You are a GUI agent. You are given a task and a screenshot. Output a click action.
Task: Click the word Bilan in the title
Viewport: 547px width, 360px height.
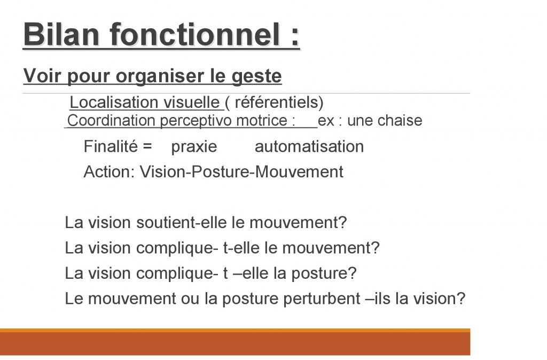[x=61, y=34]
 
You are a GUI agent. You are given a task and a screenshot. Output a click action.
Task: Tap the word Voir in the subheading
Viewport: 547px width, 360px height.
[x=42, y=76]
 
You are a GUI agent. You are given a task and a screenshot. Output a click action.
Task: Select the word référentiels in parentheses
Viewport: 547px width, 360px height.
[x=277, y=102]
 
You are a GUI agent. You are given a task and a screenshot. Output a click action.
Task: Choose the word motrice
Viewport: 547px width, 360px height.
[x=262, y=121]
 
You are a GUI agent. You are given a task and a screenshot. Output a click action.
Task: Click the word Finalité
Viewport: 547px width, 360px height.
[x=111, y=146]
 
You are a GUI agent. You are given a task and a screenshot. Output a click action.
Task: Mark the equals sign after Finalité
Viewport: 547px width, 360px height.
[x=147, y=146]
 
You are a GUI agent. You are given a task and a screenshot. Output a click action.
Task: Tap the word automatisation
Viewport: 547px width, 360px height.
[x=309, y=146]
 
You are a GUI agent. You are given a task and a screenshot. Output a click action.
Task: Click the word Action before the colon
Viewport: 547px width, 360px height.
[x=107, y=171]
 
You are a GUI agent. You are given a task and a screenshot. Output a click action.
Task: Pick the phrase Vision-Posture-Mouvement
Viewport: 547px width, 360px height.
[x=241, y=171]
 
